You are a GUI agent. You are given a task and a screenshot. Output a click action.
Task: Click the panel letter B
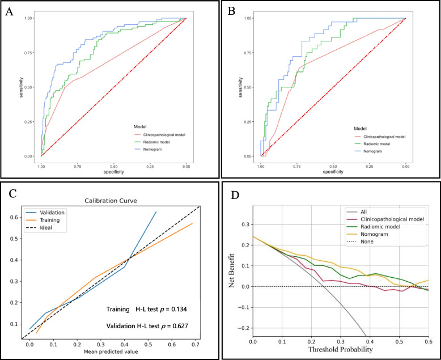(230, 11)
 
